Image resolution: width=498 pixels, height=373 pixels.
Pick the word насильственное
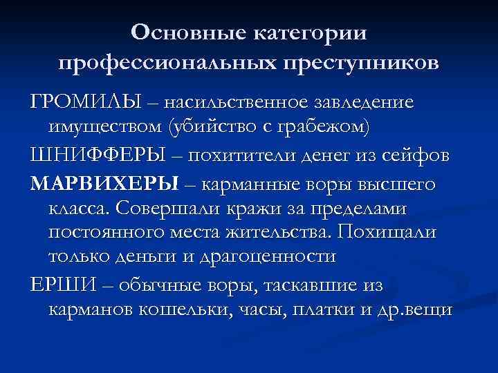pyautogui.click(x=226, y=102)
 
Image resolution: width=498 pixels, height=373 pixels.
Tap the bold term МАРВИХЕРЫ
pyautogui.click(x=104, y=184)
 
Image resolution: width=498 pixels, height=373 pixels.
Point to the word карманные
pyautogui.click(x=247, y=184)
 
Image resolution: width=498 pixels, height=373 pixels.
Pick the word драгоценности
pyautogui.click(x=266, y=256)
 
